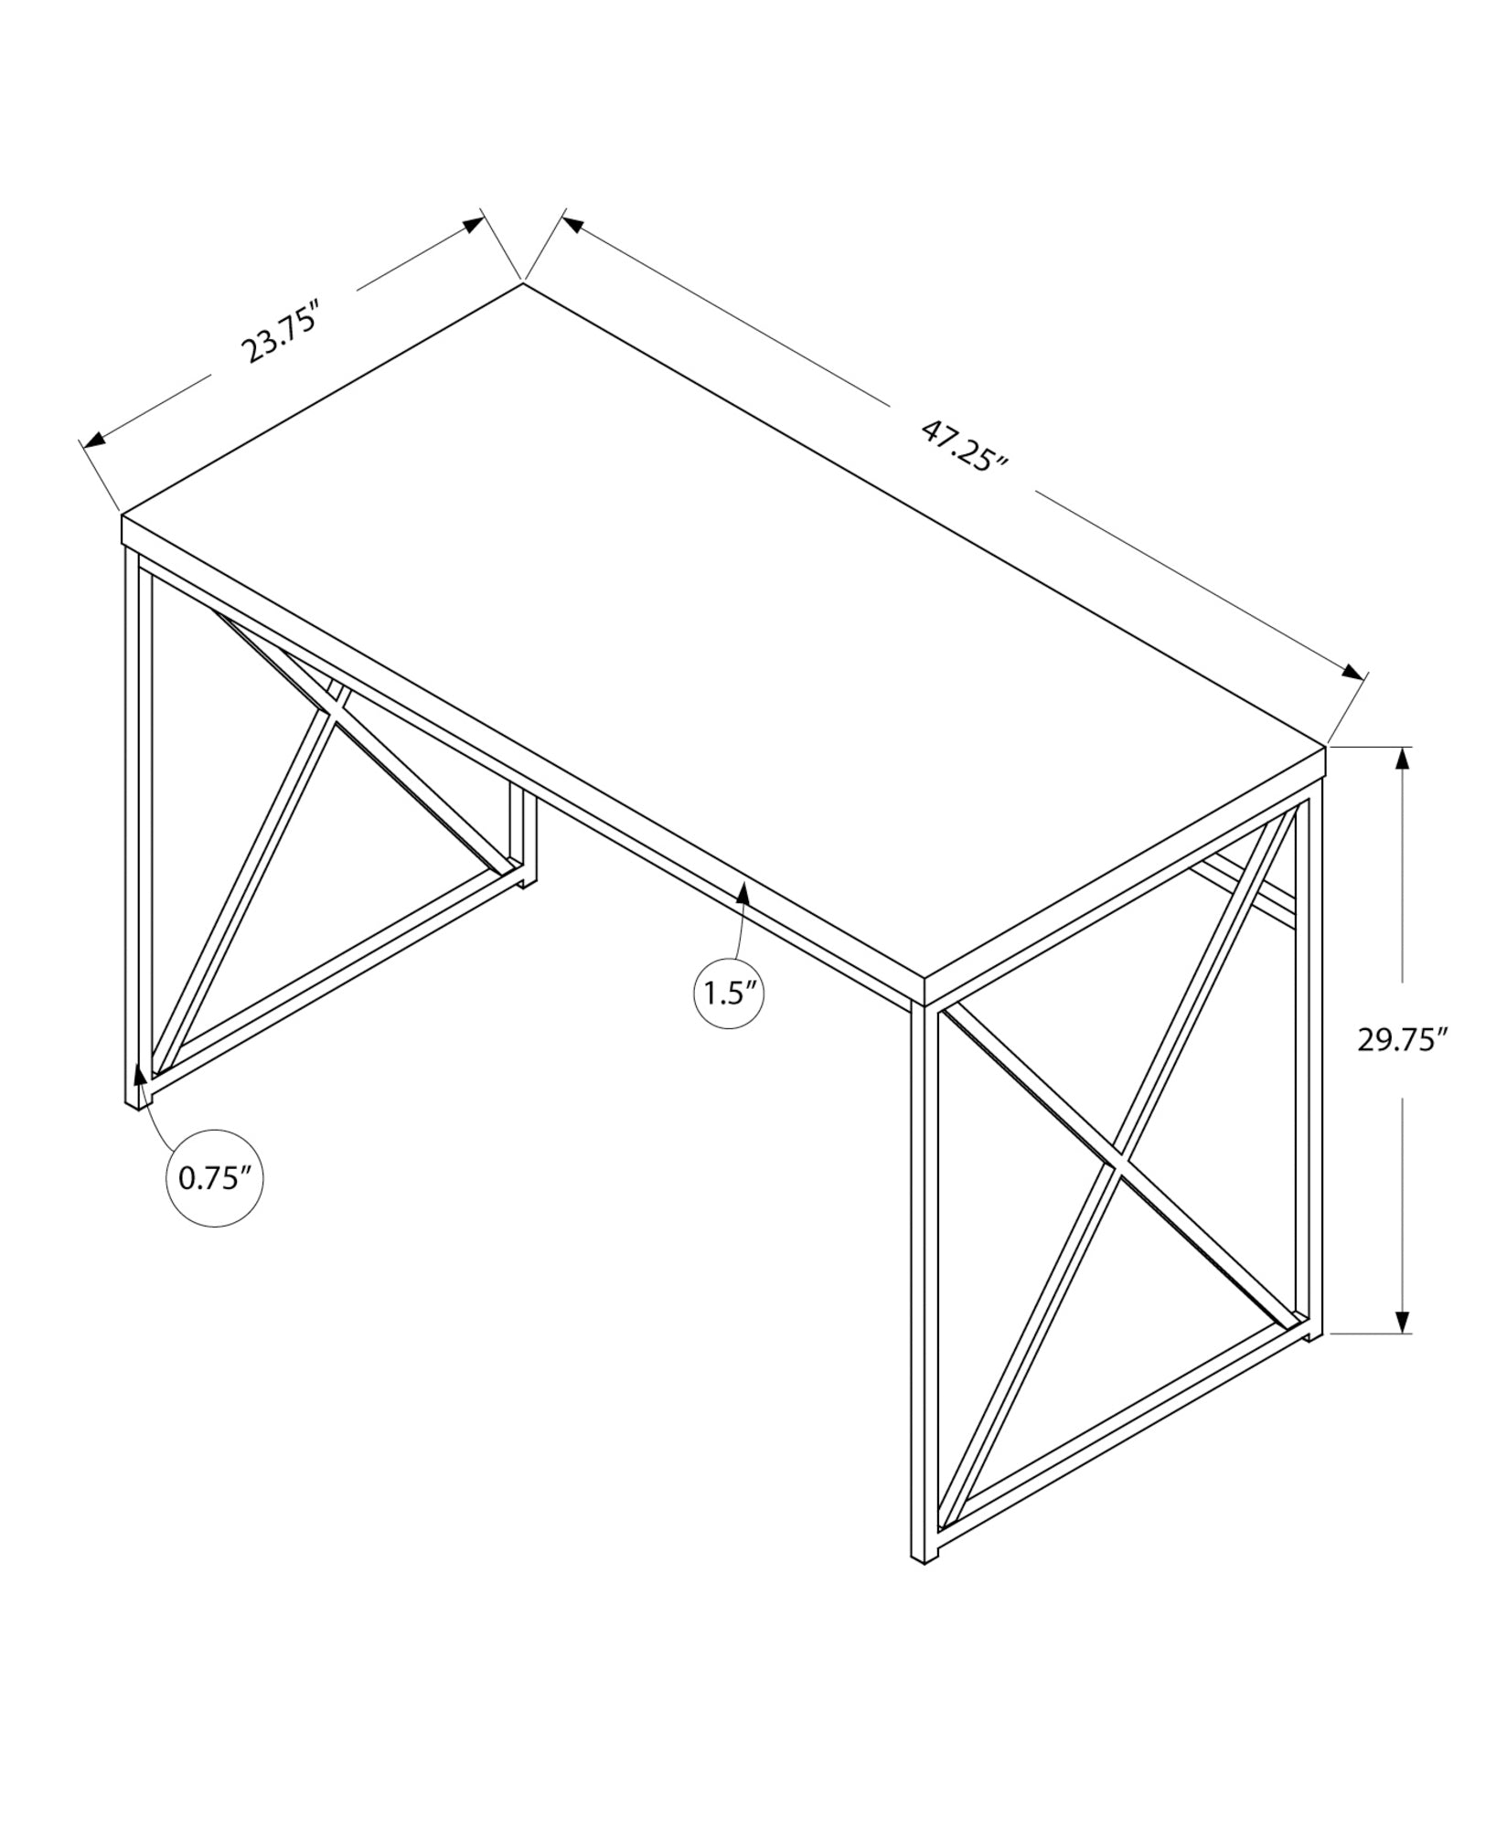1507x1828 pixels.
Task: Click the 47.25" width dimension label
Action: (963, 445)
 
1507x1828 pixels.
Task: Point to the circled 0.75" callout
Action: (214, 1178)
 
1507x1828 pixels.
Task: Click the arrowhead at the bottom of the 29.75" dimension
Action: (1402, 1322)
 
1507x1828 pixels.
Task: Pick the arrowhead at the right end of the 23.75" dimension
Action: (473, 225)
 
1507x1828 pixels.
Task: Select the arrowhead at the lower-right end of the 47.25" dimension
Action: (1351, 673)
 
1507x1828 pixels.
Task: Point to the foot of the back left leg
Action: (527, 883)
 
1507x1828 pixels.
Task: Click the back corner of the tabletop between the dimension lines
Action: (523, 283)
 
